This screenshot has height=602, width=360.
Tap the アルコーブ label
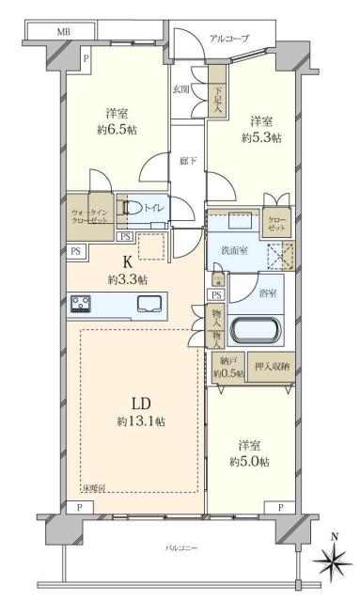coord(229,39)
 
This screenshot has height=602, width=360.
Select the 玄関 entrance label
coord(180,89)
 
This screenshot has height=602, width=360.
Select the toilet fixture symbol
coord(134,208)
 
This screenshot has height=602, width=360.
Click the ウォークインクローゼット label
coord(88,213)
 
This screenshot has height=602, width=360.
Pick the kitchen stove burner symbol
coord(81,304)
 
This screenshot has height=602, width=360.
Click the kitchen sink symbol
coord(149,304)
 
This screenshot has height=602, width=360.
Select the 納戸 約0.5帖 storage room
coord(227,367)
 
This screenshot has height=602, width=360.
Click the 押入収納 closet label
coord(272,366)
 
